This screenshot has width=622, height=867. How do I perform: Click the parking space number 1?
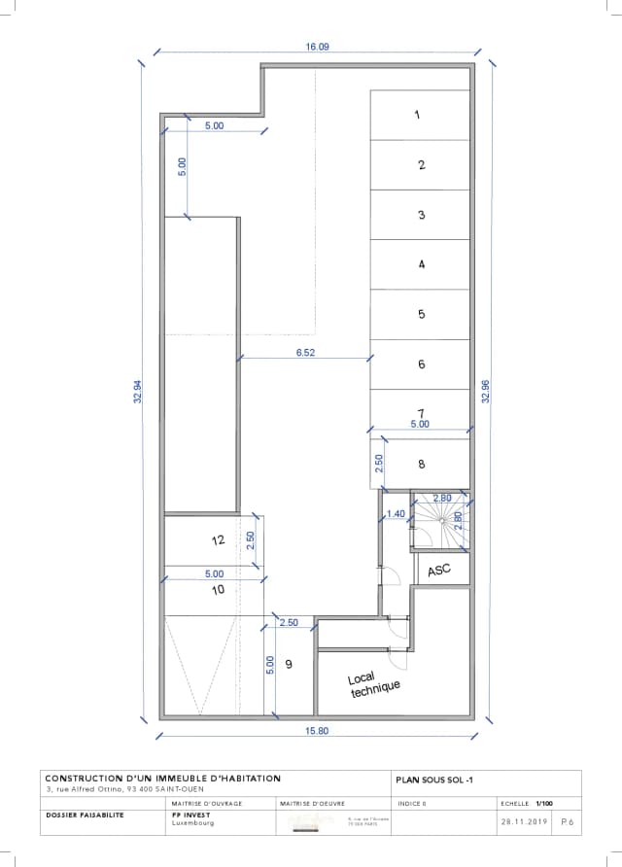417,115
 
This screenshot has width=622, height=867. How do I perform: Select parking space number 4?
421,263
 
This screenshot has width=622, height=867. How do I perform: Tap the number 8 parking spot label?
421,465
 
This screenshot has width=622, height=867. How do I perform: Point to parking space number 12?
219,539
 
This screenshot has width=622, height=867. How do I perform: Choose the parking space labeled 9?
289,664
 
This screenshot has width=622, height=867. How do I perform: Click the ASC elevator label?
439,570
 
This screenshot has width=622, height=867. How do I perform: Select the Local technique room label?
374,685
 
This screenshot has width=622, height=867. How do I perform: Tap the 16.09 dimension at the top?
317,47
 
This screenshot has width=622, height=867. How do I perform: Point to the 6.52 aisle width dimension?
305,353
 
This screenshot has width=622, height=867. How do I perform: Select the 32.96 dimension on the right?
486,392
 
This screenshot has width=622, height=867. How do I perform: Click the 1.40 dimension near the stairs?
396,513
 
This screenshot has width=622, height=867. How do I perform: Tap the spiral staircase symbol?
442,522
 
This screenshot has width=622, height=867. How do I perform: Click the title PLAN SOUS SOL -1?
433,779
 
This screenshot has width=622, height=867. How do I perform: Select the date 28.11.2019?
525,821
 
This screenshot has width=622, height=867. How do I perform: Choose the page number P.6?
568,821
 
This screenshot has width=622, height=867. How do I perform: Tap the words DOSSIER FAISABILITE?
85,815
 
